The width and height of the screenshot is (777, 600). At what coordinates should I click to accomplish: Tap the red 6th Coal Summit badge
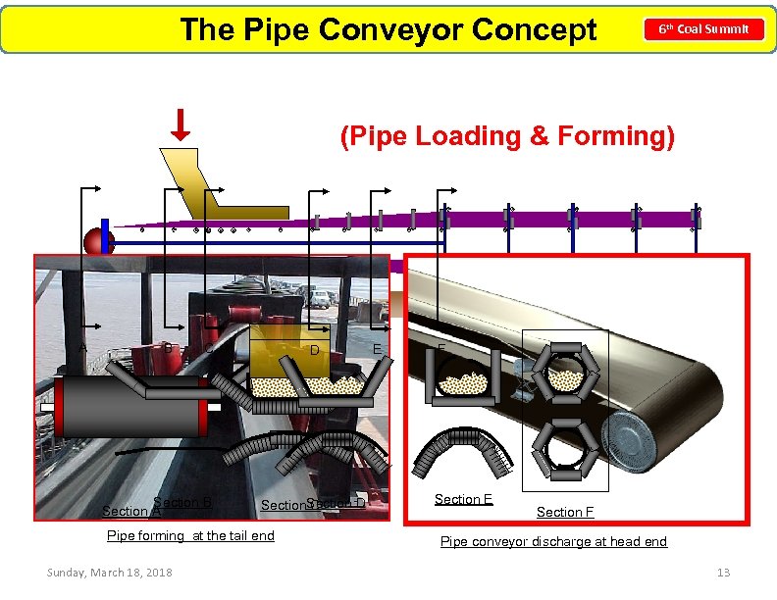[x=703, y=29]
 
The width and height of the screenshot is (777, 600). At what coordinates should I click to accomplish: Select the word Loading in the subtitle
[x=460, y=135]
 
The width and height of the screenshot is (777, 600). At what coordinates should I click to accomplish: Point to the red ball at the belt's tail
[x=98, y=240]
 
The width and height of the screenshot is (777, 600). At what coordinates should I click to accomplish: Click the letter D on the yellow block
[x=314, y=351]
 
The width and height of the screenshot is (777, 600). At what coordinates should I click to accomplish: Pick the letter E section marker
[x=378, y=349]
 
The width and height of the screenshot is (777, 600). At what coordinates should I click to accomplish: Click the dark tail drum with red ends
[x=131, y=405]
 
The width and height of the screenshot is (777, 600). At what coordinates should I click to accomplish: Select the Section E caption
[x=463, y=499]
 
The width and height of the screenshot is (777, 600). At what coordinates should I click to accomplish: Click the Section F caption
[x=565, y=512]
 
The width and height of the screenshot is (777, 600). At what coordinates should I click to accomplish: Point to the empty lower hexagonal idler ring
[x=563, y=447]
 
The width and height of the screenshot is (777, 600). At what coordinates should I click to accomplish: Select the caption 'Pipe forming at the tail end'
[x=190, y=535]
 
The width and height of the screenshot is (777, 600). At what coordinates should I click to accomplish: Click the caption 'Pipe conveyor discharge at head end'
[x=553, y=541]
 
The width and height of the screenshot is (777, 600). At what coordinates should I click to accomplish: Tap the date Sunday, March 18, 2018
[x=109, y=573]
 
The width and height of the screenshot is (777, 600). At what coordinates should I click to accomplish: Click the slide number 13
[x=723, y=573]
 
